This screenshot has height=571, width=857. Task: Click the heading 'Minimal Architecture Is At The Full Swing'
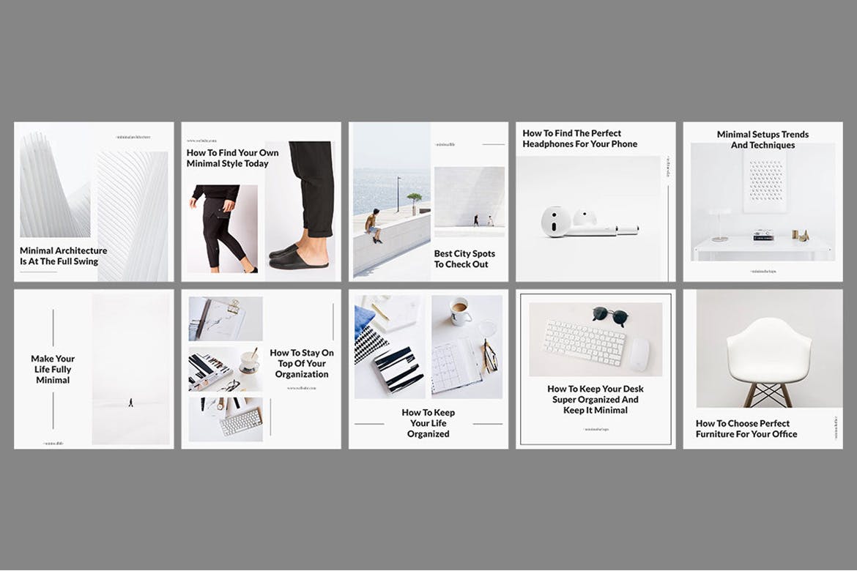coord(63,255)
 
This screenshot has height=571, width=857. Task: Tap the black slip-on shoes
coord(300,257)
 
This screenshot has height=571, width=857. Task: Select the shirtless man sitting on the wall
coord(374,225)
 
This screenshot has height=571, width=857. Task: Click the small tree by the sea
coord(415,200)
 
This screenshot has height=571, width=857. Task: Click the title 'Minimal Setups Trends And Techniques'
coord(763,139)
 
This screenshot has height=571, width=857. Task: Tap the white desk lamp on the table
coord(719,223)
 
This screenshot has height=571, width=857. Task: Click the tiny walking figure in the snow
coord(131,402)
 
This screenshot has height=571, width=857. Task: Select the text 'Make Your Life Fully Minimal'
coord(53,369)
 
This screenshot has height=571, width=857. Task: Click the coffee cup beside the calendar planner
coord(459,311)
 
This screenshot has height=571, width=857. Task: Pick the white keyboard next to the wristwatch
coord(241,421)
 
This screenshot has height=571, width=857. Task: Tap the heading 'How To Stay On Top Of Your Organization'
coord(302,363)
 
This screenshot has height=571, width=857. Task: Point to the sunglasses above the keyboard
coord(611,315)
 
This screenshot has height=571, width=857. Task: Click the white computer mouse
coord(639,353)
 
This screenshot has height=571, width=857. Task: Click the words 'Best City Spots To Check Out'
coord(464,258)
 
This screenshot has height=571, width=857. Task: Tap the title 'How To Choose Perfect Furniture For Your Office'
coord(746,428)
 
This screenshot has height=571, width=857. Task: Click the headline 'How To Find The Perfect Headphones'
coord(579,138)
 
